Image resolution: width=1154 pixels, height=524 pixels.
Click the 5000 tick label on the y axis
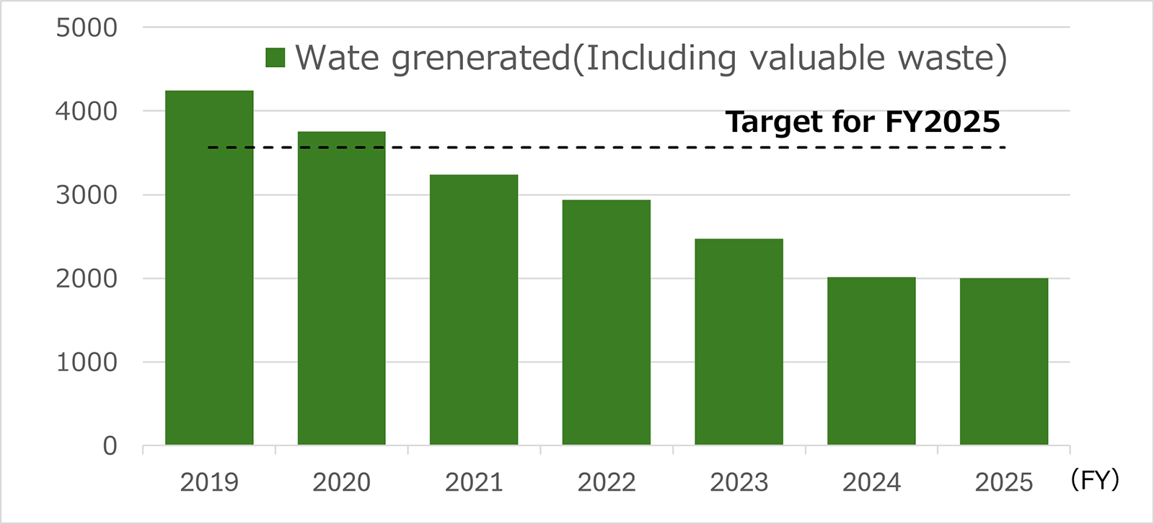(x=87, y=28)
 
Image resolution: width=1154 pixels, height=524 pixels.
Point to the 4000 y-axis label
(x=87, y=112)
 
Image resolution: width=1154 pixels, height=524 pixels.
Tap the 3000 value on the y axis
(x=87, y=195)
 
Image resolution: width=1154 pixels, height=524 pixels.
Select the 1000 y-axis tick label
(x=87, y=363)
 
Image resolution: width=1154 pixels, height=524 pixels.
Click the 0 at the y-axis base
(x=110, y=446)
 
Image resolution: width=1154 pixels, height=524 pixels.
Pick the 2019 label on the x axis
(x=209, y=482)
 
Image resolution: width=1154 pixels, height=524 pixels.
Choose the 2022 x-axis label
(x=606, y=482)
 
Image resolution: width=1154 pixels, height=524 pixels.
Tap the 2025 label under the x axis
(x=1003, y=482)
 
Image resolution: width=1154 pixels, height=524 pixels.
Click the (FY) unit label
(x=1095, y=480)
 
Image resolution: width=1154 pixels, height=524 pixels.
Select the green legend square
(x=276, y=58)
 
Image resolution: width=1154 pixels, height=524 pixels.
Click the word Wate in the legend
(x=337, y=58)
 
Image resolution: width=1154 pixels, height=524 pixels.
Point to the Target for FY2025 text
(x=863, y=122)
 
